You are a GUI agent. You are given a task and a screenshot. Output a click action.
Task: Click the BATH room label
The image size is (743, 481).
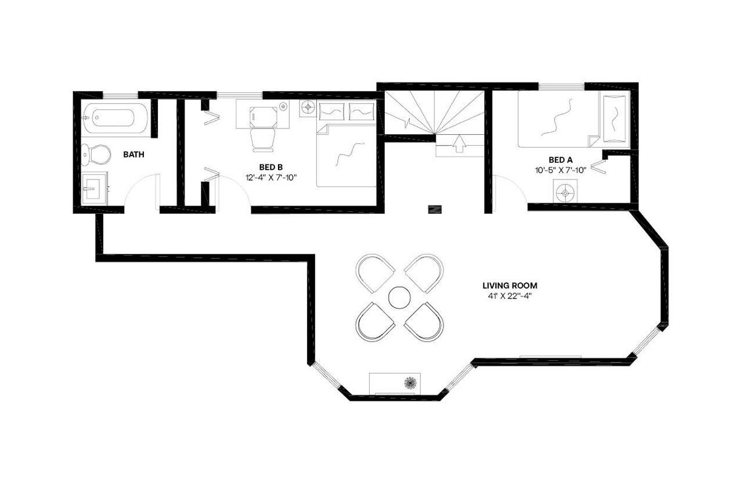tap(134, 155)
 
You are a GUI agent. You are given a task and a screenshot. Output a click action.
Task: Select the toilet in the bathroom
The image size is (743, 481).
tap(96, 154)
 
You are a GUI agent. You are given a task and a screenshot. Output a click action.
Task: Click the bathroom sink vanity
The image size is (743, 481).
tap(93, 188)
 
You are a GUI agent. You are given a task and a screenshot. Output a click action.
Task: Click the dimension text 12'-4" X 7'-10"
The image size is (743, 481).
tap(270, 178)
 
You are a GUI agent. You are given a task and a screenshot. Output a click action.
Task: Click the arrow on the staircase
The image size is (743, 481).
tap(459, 143)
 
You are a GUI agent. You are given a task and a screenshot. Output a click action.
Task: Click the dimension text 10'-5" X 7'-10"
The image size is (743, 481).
tap(561, 170)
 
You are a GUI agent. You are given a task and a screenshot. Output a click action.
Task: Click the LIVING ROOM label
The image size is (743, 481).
tap(510, 285)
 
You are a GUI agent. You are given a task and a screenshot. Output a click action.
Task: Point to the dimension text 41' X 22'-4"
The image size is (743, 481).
tap(510, 296)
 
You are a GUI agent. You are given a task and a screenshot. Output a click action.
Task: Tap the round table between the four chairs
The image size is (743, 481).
tap(399, 297)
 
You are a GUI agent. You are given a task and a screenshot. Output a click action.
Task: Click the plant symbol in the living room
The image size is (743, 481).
tap(411, 382)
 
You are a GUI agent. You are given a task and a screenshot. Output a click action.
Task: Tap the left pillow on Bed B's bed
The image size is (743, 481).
tap(331, 110)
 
